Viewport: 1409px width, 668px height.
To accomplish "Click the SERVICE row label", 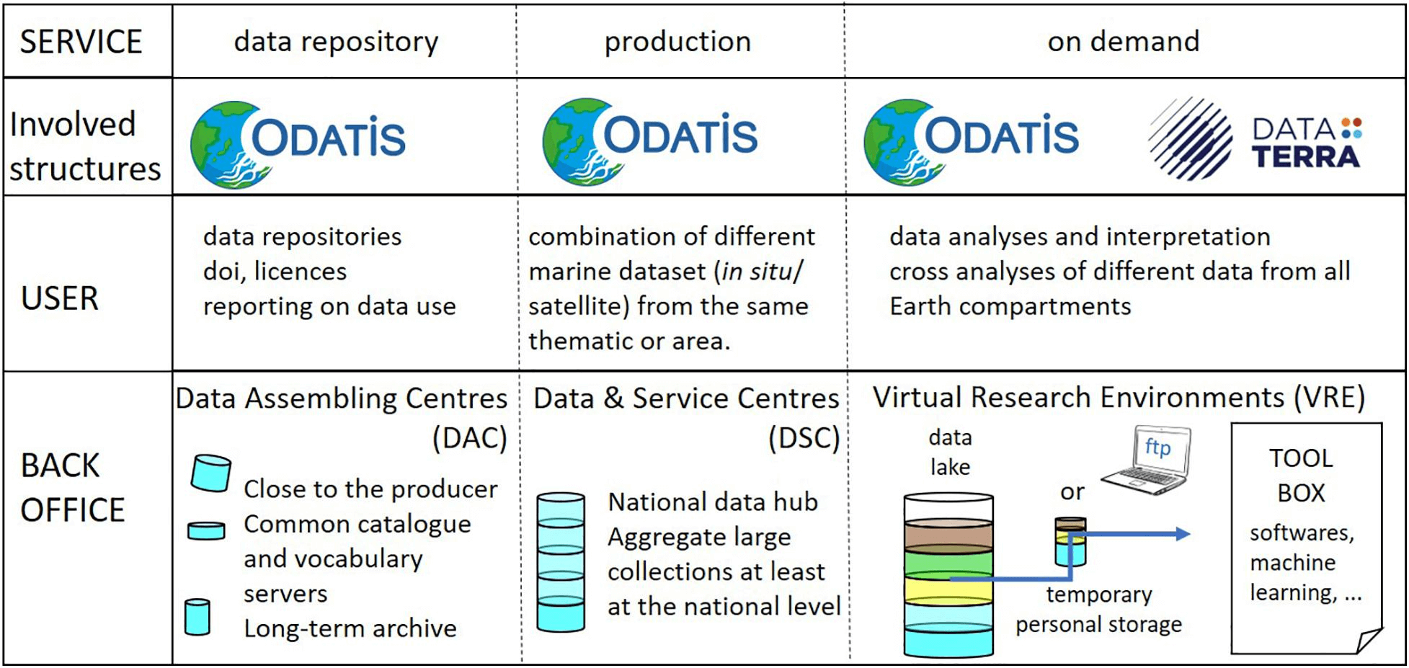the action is (x=81, y=42).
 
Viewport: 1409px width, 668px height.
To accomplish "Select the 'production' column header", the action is (x=677, y=42).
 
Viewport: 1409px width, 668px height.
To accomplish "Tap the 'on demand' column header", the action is (x=1124, y=41).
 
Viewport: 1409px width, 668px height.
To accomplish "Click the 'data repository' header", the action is (x=336, y=42).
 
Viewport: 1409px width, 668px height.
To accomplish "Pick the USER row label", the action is (x=60, y=298).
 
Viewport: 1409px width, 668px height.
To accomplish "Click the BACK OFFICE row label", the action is (x=72, y=487).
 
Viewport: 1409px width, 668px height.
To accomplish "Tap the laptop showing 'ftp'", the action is (x=1147, y=460).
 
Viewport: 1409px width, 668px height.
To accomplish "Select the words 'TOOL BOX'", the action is (x=1301, y=476).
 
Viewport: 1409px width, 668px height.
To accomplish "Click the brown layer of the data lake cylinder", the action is (x=948, y=537).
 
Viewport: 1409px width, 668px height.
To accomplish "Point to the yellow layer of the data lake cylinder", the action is (x=948, y=590).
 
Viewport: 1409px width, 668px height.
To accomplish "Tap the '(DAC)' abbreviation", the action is (x=469, y=438).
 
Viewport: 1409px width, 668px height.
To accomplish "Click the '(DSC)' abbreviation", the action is (x=804, y=438).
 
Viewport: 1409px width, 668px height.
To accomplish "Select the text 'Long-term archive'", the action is (x=350, y=628).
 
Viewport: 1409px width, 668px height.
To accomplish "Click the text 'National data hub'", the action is (x=713, y=502).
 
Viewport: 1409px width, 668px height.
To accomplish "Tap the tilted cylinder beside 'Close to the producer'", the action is (x=211, y=473).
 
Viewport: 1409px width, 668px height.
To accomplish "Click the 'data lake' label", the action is (x=950, y=452).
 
